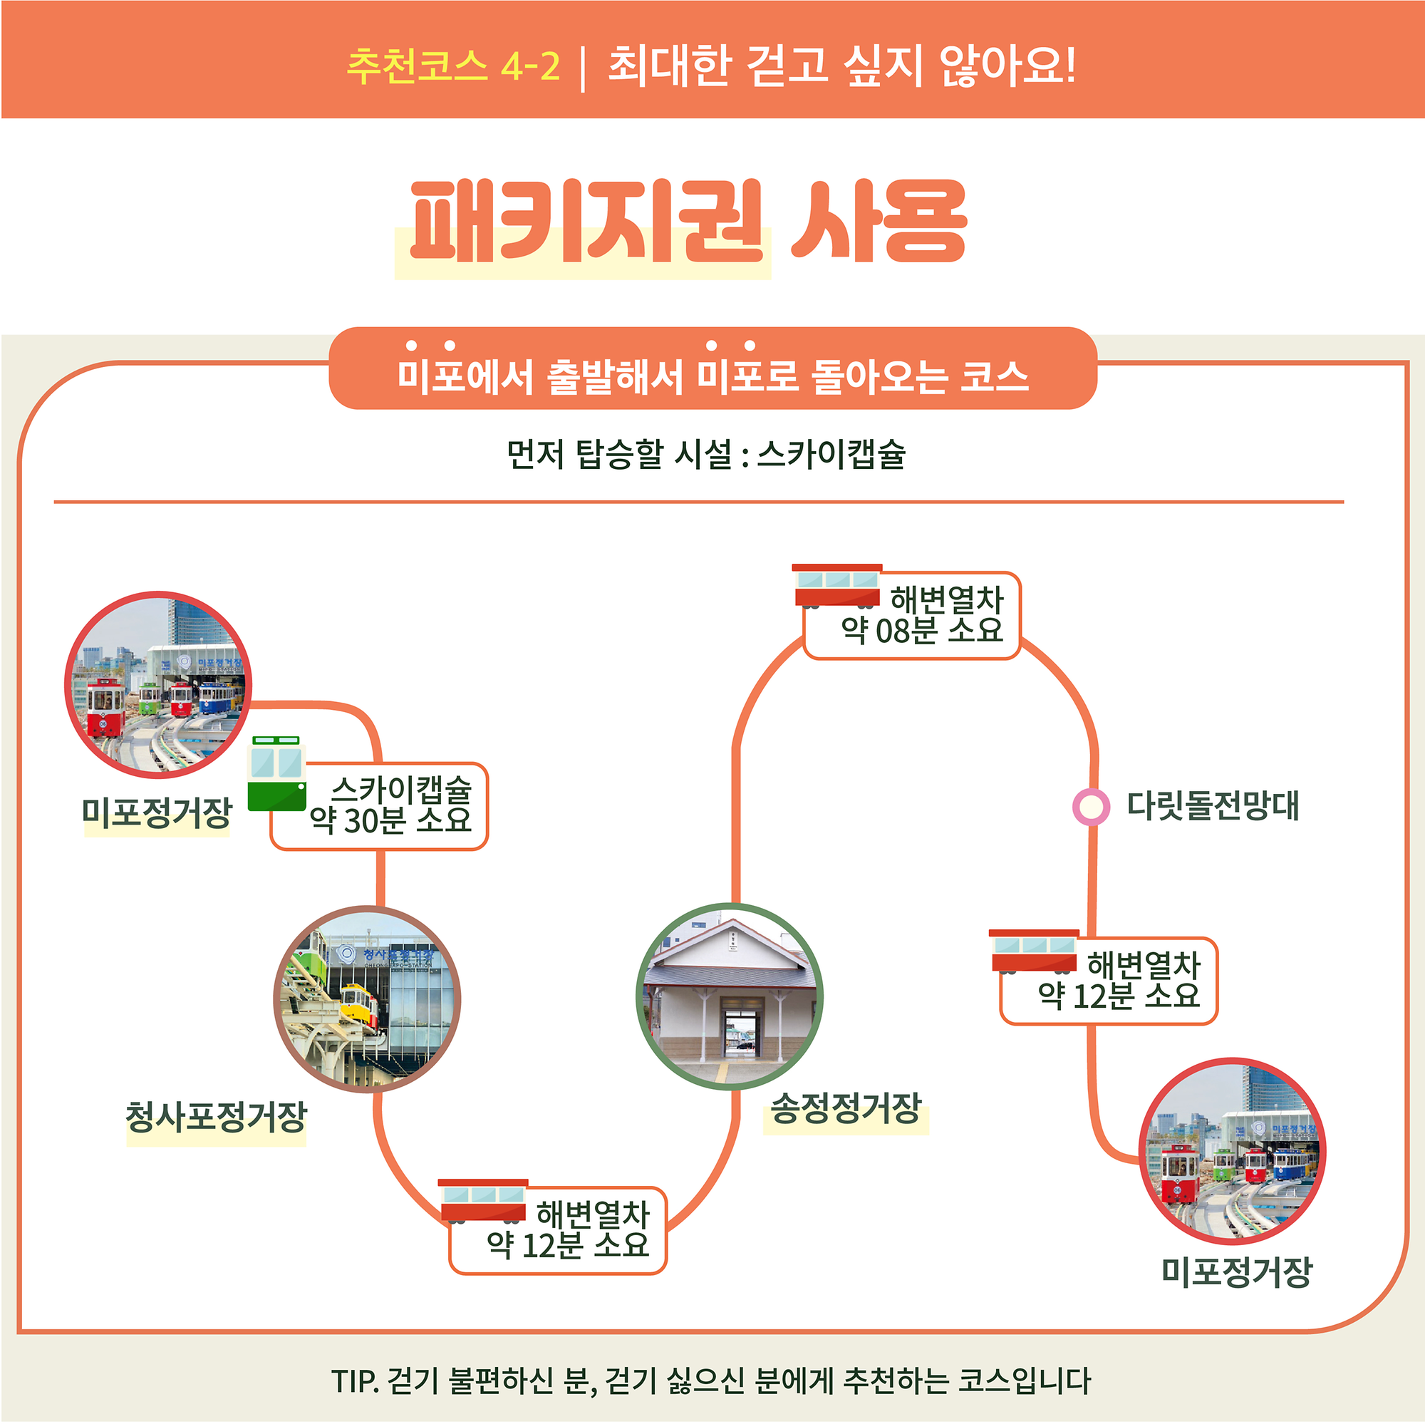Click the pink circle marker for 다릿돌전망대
pyautogui.click(x=1091, y=807)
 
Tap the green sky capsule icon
pyautogui.click(x=276, y=773)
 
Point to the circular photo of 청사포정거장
pyautogui.click(x=368, y=999)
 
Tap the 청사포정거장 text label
pyautogui.click(x=215, y=1117)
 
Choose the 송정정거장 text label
pyautogui.click(x=846, y=1108)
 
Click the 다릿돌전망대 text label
pyautogui.click(x=1213, y=805)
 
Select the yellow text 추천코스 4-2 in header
pyautogui.click(x=453, y=65)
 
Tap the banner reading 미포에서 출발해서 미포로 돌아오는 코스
pyautogui.click(x=712, y=375)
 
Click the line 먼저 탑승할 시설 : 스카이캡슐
pyautogui.click(x=705, y=454)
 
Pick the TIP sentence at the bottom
pyautogui.click(x=711, y=1381)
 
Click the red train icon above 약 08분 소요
pyautogui.click(x=837, y=586)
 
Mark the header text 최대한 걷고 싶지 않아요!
pyautogui.click(x=841, y=65)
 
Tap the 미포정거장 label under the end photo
pyautogui.click(x=1237, y=1272)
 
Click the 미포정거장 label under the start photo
pyautogui.click(x=156, y=813)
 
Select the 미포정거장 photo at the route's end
pyautogui.click(x=1233, y=1152)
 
